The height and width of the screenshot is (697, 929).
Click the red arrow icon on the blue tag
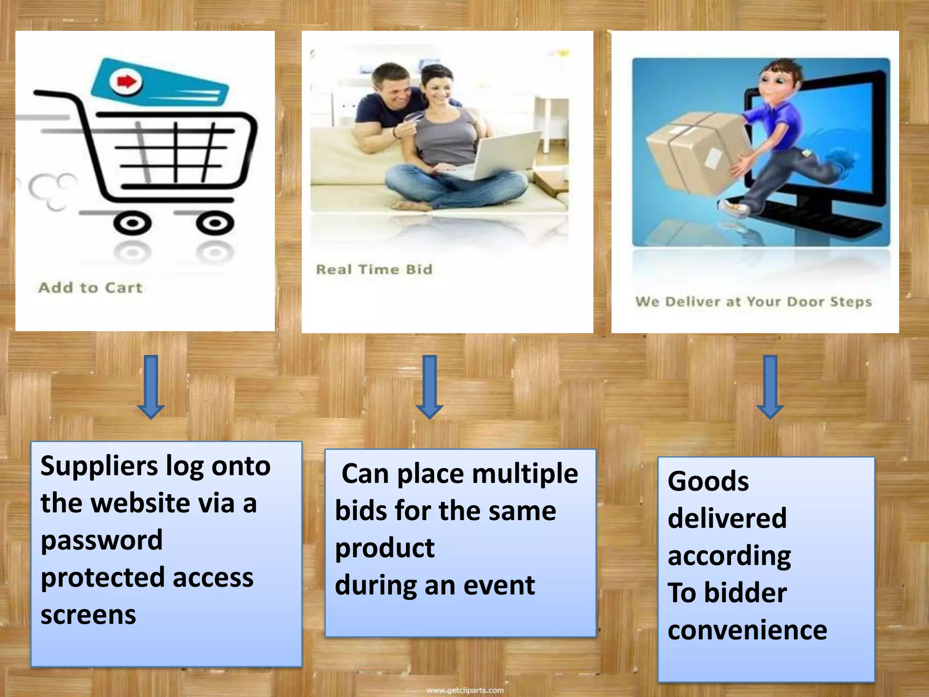(x=126, y=82)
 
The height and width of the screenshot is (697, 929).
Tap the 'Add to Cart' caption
(x=90, y=288)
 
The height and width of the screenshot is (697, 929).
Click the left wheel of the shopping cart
(x=132, y=223)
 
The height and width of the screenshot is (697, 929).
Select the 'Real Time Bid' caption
(x=374, y=270)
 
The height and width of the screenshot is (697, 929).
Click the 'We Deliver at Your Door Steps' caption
(x=753, y=302)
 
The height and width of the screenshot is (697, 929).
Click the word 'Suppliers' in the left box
(x=99, y=466)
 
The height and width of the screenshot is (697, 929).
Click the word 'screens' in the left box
(x=88, y=615)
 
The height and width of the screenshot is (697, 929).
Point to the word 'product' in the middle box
(x=385, y=549)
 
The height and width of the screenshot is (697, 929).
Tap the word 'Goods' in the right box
(x=708, y=481)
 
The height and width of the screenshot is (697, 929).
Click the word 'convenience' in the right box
(x=747, y=630)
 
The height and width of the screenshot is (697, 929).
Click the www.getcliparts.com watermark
(x=465, y=690)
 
